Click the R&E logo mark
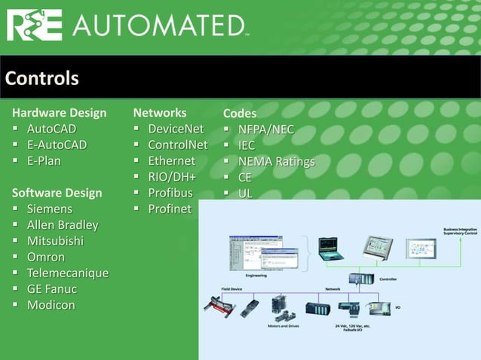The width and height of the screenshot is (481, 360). (37, 26)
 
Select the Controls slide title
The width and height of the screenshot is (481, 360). (41, 78)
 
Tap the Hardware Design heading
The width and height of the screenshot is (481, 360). (60, 113)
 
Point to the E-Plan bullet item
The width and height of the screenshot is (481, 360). (44, 160)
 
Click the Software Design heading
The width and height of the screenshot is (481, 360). (57, 193)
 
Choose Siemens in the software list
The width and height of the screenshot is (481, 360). (50, 209)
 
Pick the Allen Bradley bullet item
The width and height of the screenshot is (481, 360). (63, 224)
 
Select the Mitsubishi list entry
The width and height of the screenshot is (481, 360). (55, 241)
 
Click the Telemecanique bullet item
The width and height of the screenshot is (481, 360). (68, 273)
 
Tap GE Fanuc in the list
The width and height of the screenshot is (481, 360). (52, 288)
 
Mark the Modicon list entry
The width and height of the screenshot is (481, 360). (51, 305)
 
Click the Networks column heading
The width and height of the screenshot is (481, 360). (160, 113)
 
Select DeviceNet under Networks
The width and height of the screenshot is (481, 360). (176, 129)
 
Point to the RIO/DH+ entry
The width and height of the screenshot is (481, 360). (172, 177)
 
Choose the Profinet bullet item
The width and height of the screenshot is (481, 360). (170, 209)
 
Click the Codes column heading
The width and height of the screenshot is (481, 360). (240, 114)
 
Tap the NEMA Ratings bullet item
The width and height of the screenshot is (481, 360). (276, 161)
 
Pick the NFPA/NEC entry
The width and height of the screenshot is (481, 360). (265, 130)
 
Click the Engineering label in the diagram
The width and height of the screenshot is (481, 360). (256, 276)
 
